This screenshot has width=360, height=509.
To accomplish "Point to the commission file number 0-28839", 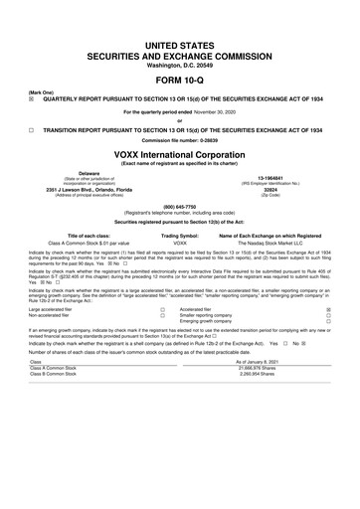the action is tap(179, 140).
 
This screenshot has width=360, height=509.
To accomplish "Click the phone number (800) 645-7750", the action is tap(179, 206).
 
